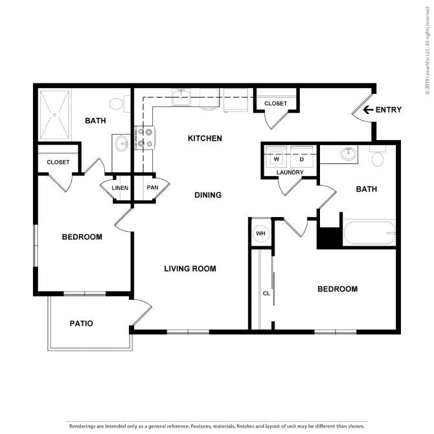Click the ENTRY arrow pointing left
[368, 110]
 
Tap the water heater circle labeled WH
[261, 233]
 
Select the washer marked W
[276, 158]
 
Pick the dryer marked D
[302, 158]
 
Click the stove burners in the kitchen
[144, 138]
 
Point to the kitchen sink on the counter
[181, 97]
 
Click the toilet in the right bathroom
[378, 156]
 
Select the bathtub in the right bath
[369, 233]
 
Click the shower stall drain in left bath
[54, 115]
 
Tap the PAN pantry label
[152, 187]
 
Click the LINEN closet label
[120, 188]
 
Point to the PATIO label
[81, 323]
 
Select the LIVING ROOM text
[190, 268]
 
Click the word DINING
[208, 195]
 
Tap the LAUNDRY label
[290, 172]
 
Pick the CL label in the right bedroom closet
[266, 293]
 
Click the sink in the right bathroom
[348, 154]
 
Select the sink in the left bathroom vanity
[122, 143]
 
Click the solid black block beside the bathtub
[329, 237]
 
